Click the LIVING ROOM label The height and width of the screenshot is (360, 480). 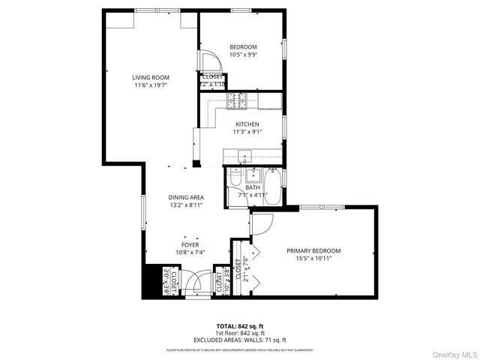[x=151, y=76]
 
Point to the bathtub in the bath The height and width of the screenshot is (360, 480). [x=273, y=187]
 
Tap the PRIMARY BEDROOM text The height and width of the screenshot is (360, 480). [x=313, y=250]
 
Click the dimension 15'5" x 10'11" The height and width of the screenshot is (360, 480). [x=313, y=258]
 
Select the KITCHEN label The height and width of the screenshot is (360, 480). [x=247, y=124]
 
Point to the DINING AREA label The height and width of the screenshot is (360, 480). [x=187, y=197]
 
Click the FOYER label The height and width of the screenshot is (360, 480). [x=190, y=244]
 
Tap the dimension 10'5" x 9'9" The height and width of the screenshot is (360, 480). [x=243, y=55]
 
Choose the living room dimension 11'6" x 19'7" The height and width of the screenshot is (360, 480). [x=150, y=85]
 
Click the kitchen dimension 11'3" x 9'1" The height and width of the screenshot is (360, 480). [x=247, y=132]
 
